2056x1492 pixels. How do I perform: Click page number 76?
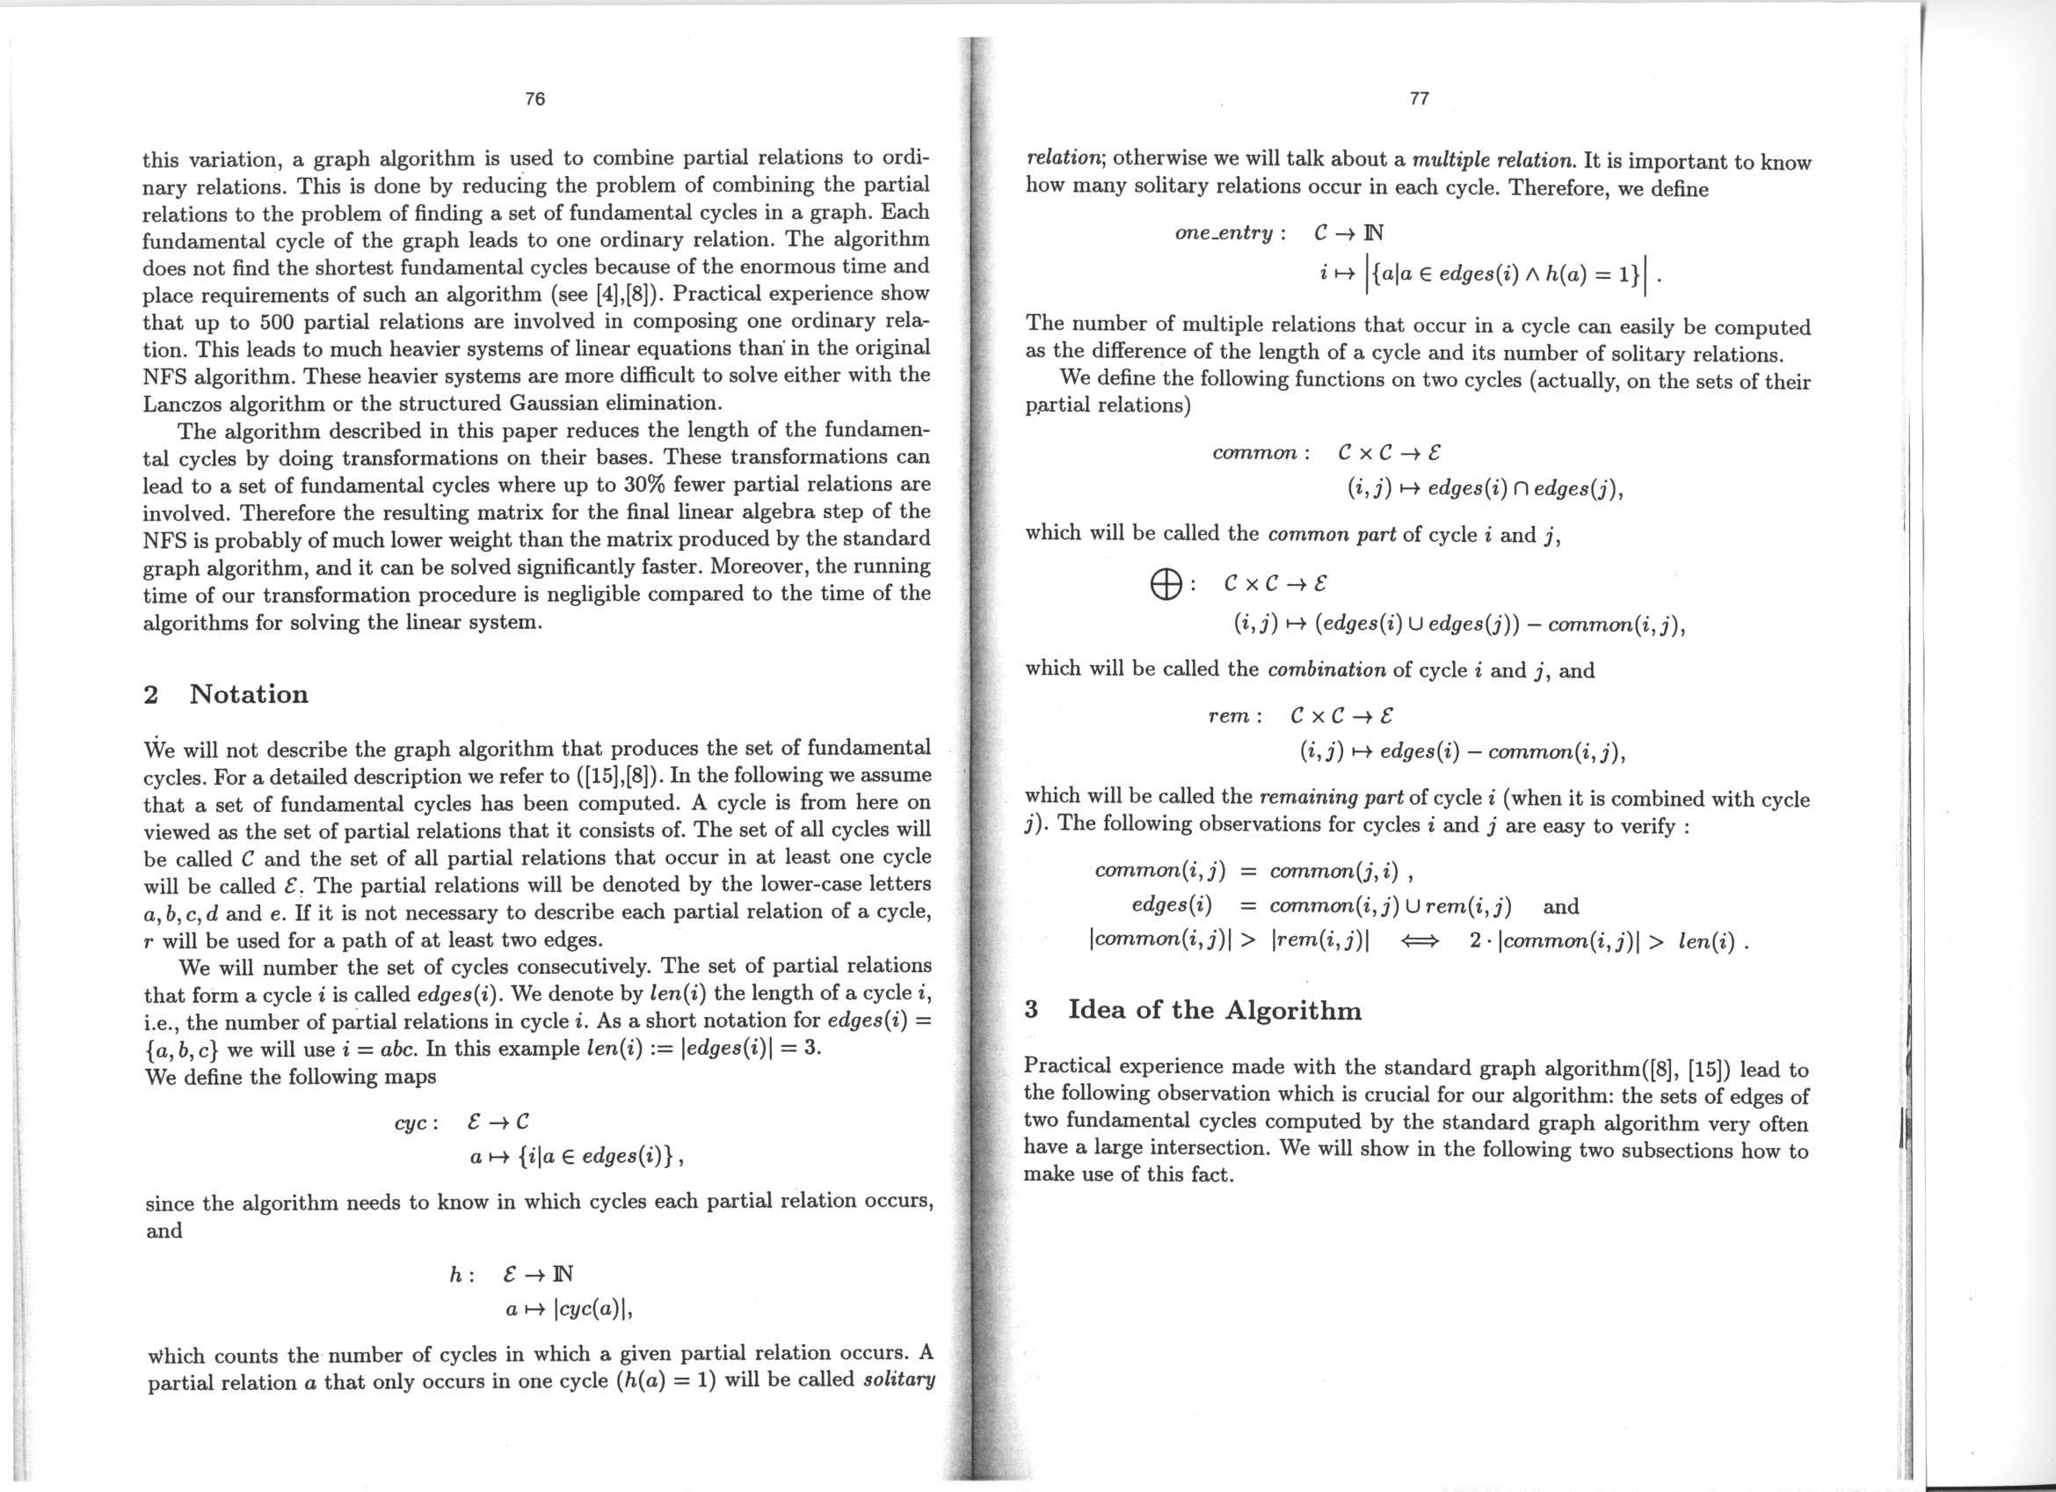point(534,99)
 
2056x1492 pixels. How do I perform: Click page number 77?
point(1420,99)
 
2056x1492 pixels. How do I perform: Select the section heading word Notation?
point(249,695)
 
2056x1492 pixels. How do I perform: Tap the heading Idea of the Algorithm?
point(1215,1011)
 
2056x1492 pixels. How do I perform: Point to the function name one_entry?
point(1224,234)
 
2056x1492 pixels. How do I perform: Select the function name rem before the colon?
point(1228,716)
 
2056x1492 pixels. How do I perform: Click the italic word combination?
point(1326,671)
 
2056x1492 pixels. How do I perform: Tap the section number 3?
point(1031,1011)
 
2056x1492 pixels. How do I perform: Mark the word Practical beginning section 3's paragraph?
point(1068,1066)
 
